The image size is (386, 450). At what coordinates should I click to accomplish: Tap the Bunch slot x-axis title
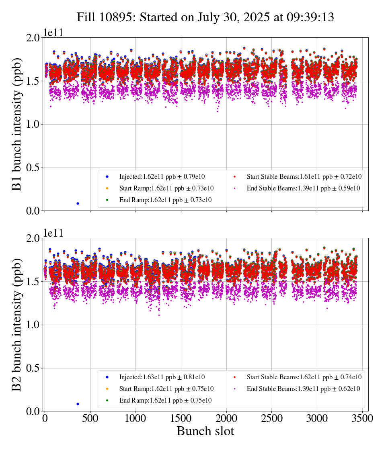205,432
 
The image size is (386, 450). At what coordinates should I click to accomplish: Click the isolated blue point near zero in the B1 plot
78,203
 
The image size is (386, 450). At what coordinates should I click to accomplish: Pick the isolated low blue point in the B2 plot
78,404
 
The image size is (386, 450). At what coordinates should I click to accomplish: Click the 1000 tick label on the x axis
136,418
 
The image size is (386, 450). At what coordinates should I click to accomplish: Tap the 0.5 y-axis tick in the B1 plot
31,168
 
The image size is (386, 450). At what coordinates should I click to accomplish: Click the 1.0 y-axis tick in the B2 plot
31,325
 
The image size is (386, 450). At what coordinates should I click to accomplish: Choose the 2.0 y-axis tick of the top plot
31,38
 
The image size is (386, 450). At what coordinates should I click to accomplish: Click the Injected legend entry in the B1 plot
162,176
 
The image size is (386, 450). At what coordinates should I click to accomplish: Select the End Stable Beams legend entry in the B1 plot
303,188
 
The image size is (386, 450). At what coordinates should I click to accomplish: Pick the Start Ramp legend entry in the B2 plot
166,389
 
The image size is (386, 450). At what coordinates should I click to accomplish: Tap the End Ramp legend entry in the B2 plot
165,401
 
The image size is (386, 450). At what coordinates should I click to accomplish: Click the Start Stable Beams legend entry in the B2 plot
304,377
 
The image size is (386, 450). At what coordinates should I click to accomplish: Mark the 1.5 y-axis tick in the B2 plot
31,281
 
